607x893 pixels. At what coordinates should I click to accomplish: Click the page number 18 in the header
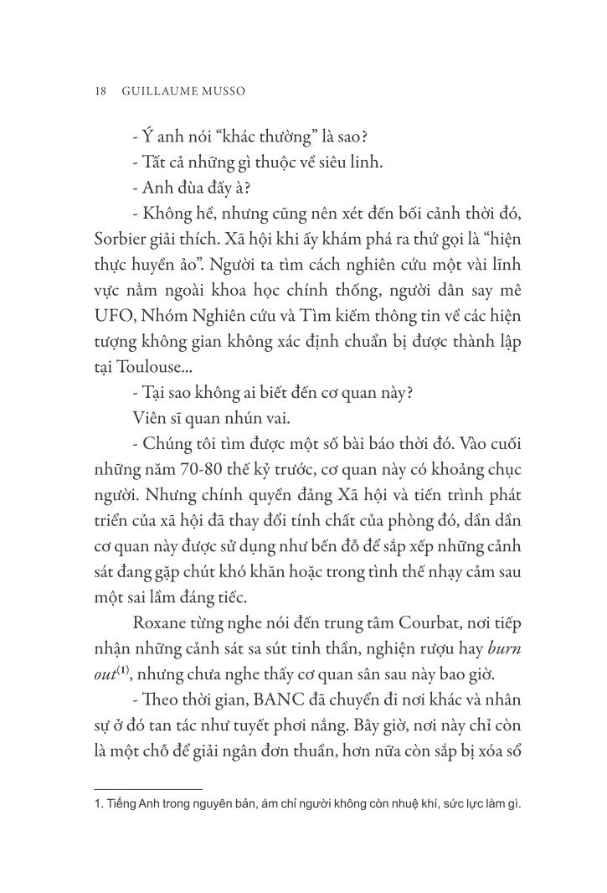point(100,91)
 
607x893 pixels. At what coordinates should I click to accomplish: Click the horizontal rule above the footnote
point(148,788)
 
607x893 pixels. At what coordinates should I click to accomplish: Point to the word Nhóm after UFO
point(167,318)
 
